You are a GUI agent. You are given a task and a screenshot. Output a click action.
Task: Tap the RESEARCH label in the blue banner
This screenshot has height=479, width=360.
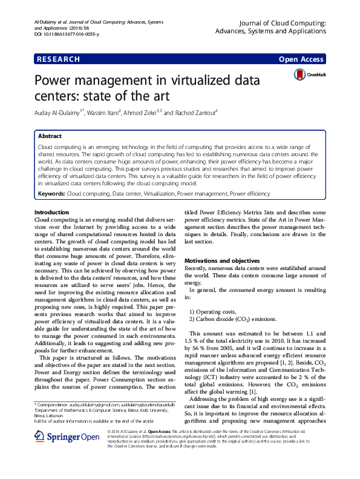(58, 59)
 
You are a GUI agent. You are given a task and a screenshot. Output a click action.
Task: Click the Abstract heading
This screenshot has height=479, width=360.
(50, 137)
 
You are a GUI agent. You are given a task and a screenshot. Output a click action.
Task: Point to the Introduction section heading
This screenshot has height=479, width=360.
(51, 212)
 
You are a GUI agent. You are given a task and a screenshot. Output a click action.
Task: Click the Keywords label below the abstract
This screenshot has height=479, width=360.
(51, 193)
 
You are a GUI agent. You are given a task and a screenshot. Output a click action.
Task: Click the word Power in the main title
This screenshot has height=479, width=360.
(58, 81)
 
